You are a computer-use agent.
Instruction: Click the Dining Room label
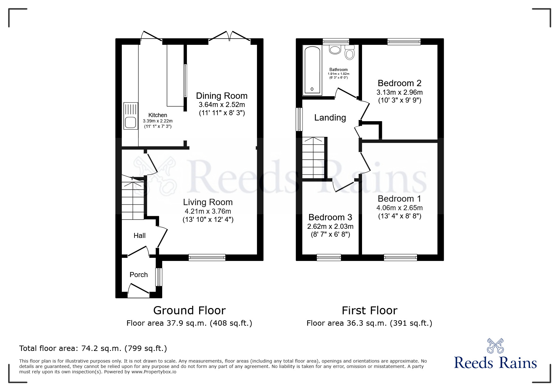point(222,96)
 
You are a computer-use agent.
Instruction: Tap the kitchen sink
point(131,116)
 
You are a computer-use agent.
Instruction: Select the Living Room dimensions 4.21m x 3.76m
point(208,211)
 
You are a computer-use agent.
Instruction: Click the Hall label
point(140,235)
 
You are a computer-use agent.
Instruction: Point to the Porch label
point(139,275)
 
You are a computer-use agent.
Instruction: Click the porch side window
point(159,277)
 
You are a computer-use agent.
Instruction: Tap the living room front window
point(207,258)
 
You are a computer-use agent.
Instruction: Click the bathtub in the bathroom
point(312,70)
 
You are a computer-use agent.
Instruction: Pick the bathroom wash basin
point(335,50)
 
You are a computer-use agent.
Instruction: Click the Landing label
point(330,118)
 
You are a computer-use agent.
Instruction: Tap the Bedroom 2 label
point(400,83)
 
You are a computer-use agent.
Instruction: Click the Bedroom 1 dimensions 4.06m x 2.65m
point(400,208)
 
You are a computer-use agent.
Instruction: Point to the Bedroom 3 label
point(330,217)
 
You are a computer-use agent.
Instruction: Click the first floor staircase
point(313,157)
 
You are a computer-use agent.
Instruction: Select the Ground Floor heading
point(189,311)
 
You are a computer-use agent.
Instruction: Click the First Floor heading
point(369,311)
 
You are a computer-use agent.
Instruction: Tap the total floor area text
point(93,348)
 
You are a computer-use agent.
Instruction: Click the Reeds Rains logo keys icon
point(496,346)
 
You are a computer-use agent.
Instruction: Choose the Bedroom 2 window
point(404,42)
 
